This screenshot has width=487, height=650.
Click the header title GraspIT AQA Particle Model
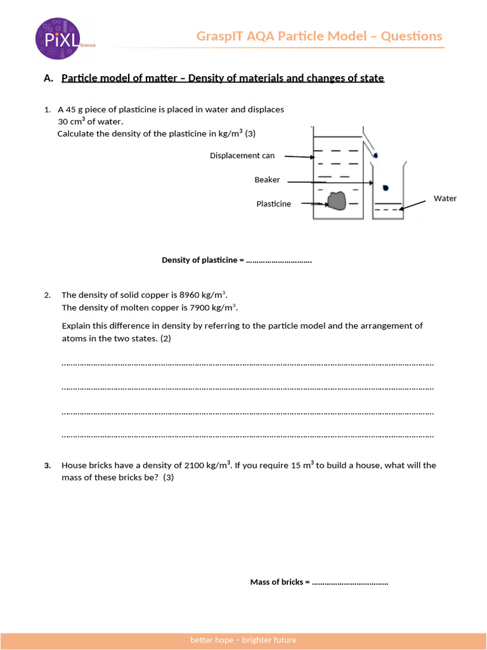[x=319, y=36]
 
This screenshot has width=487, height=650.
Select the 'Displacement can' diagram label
[x=242, y=156]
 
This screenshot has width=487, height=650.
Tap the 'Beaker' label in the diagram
[x=267, y=180]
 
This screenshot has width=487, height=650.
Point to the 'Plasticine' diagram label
[x=273, y=204]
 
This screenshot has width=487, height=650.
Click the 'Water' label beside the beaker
[x=445, y=198]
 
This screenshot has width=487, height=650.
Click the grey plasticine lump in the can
[x=336, y=201]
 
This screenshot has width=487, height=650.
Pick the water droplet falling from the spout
[x=376, y=155]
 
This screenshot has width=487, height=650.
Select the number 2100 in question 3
[x=194, y=465]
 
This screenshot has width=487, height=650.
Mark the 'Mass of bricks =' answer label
[x=280, y=582]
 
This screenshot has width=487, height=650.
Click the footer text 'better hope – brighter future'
[x=243, y=640]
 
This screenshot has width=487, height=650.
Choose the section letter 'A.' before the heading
[x=48, y=78]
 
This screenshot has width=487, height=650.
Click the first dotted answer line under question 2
[x=247, y=364]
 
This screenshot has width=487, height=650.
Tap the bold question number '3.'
[x=48, y=465]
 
